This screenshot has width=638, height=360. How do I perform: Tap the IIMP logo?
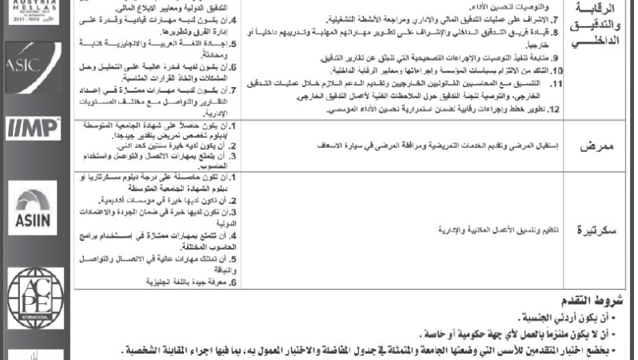pos(22,129)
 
